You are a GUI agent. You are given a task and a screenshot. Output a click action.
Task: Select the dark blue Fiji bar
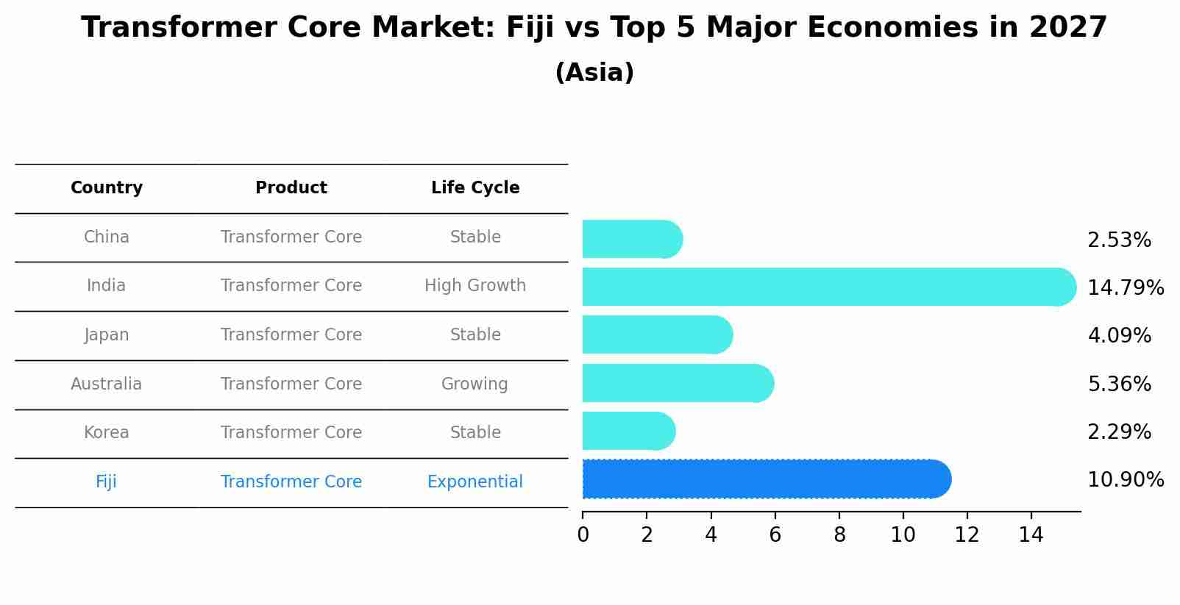pyautogui.click(x=765, y=479)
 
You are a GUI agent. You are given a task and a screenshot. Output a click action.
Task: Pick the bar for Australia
pyautogui.click(x=677, y=383)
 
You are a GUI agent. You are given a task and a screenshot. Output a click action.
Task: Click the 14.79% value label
pyautogui.click(x=1125, y=287)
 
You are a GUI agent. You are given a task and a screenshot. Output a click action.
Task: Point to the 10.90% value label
pyautogui.click(x=1125, y=480)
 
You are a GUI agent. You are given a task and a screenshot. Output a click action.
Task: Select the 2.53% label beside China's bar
pyautogui.click(x=1119, y=240)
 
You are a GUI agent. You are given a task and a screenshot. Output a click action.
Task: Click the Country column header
pyautogui.click(x=107, y=188)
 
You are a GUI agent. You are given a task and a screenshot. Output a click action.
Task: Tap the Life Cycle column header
pyautogui.click(x=475, y=188)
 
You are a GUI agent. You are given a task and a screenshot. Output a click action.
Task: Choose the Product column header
pyautogui.click(x=291, y=188)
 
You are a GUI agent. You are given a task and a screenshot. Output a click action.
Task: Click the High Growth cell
pyautogui.click(x=475, y=286)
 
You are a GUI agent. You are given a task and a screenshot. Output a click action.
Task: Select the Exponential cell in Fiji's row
pyautogui.click(x=475, y=482)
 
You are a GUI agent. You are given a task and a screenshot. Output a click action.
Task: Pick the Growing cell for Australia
pyautogui.click(x=475, y=384)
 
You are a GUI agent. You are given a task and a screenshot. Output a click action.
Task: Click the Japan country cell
pyautogui.click(x=107, y=335)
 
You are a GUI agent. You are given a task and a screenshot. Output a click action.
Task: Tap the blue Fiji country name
pyautogui.click(x=107, y=482)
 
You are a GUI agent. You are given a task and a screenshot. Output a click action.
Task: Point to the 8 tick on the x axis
pyautogui.click(x=839, y=535)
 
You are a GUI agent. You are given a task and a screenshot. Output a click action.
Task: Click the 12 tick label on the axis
pyautogui.click(x=967, y=535)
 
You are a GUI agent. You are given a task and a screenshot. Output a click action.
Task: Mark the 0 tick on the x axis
pyautogui.click(x=583, y=535)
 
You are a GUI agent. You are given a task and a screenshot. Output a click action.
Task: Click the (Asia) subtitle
pyautogui.click(x=594, y=73)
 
